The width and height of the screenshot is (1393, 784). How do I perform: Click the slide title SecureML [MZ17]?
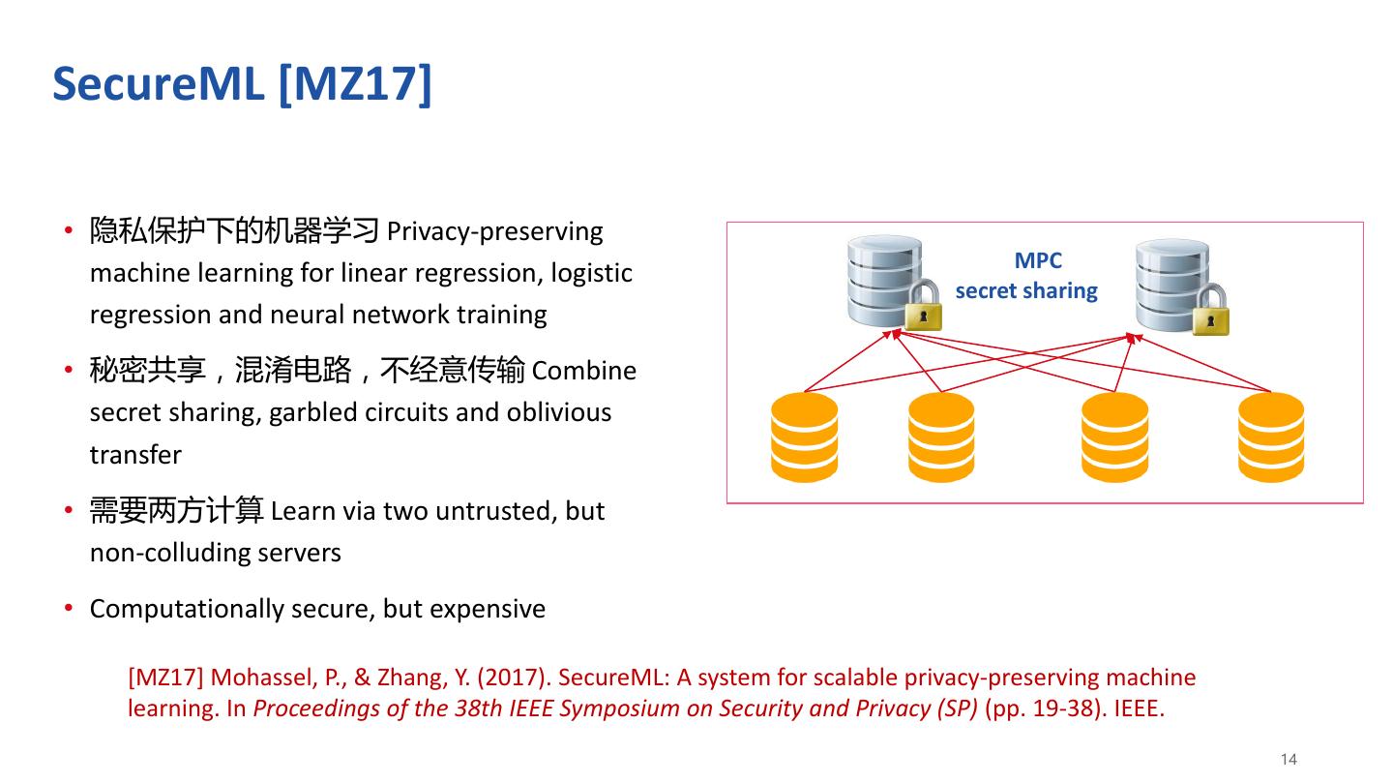[242, 84]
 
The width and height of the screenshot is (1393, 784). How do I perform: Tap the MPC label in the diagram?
[1038, 260]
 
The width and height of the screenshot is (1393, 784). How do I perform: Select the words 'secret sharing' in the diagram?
[1026, 291]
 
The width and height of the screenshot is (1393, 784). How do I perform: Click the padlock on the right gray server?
[1210, 312]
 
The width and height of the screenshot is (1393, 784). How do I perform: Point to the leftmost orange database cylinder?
[805, 437]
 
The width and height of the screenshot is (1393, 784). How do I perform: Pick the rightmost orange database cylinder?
[1271, 437]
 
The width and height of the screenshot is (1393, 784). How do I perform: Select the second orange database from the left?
[941, 437]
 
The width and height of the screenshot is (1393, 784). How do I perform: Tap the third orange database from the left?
[1114, 437]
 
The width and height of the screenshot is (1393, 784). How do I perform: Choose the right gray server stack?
[1171, 283]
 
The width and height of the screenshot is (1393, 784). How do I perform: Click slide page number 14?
[1288, 759]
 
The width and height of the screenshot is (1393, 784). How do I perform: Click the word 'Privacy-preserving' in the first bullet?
[494, 232]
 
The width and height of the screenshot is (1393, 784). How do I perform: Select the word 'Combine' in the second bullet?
[584, 372]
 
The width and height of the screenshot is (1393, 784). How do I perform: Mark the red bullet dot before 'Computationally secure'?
[69, 608]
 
